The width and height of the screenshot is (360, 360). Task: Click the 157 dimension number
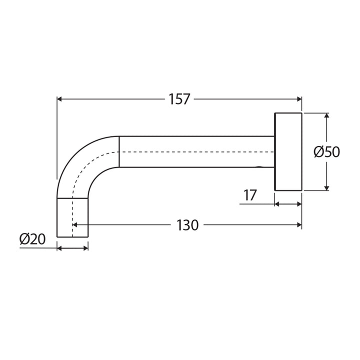(x=179, y=99)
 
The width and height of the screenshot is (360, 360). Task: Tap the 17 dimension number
(x=250, y=195)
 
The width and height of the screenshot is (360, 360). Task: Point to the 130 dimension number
(x=187, y=225)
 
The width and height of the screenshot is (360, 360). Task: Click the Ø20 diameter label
(x=32, y=239)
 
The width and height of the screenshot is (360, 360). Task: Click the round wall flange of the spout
(x=288, y=151)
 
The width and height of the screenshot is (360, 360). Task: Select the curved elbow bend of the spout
(x=82, y=160)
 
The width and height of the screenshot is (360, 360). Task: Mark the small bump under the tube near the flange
(x=258, y=168)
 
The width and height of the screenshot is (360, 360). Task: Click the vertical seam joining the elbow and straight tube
(x=119, y=151)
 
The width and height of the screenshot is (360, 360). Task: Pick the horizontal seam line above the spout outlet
(x=72, y=197)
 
